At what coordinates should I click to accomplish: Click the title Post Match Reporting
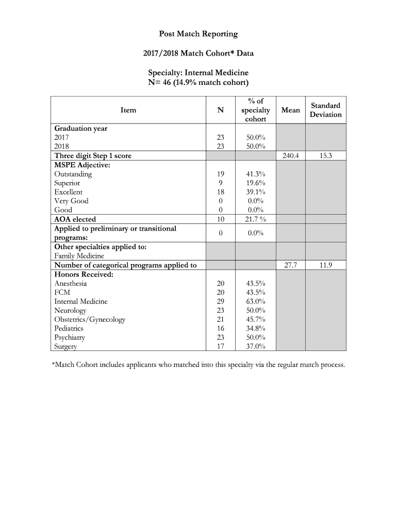coord(198,34)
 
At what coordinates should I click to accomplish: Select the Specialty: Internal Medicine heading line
coord(198,73)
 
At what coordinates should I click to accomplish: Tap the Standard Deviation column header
coord(325,110)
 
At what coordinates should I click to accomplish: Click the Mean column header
coord(291,110)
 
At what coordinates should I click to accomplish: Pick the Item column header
coord(128,110)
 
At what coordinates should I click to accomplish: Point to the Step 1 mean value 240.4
coord(291,155)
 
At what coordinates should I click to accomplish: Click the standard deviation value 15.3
coord(325,155)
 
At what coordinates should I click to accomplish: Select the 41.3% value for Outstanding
coord(255,174)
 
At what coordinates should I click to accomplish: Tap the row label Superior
coord(67,183)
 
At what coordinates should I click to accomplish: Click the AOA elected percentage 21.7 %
coord(255,219)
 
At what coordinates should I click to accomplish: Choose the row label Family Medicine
coord(79,256)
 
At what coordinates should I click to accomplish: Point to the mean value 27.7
coord(291,265)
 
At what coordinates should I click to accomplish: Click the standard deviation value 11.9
coord(325,265)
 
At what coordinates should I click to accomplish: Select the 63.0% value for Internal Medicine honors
coord(255,301)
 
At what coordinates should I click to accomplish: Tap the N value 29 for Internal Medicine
coord(221,301)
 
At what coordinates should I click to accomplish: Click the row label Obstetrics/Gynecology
coord(90,319)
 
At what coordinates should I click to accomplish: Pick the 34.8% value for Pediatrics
coord(255,328)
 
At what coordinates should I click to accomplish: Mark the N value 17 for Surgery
coord(221,346)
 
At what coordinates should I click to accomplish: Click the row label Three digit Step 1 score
coord(93,155)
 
